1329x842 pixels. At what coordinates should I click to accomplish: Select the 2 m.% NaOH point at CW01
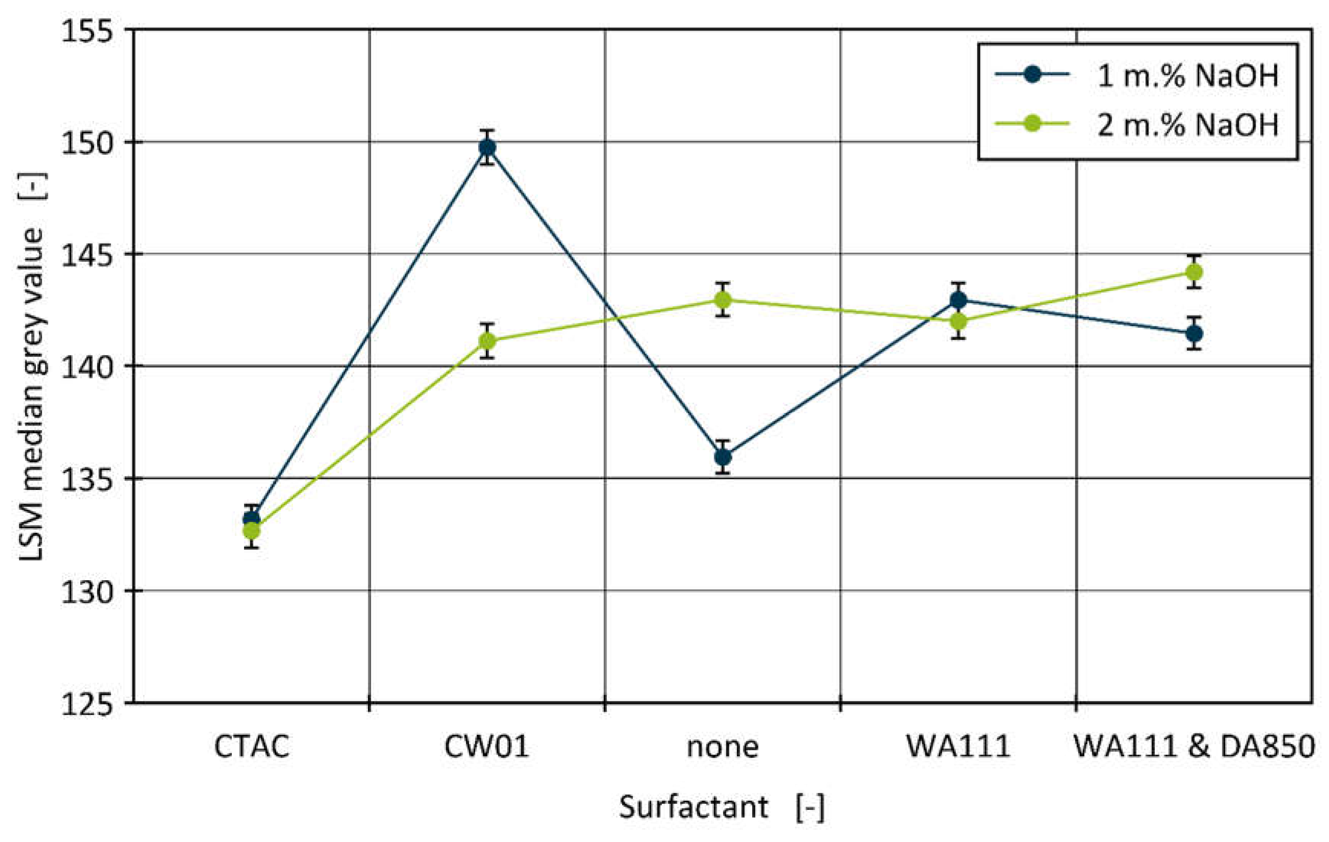487,341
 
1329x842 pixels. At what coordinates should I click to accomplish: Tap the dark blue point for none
723,457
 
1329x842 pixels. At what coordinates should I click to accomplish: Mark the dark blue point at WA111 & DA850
1194,334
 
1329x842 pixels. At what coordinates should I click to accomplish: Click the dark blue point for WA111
959,300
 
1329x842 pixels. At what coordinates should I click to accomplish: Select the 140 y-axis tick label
86,366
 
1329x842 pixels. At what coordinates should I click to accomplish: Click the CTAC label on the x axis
252,747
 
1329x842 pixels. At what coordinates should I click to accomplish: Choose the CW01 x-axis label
487,747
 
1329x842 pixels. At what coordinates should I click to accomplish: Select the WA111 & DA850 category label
1194,747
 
